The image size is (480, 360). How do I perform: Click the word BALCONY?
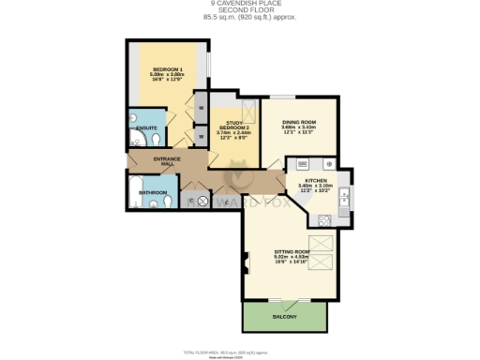pyautogui.click(x=285, y=317)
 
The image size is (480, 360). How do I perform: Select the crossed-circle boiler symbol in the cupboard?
pyautogui.click(x=202, y=200)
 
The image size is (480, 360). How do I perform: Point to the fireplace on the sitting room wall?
pyautogui.click(x=247, y=262)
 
